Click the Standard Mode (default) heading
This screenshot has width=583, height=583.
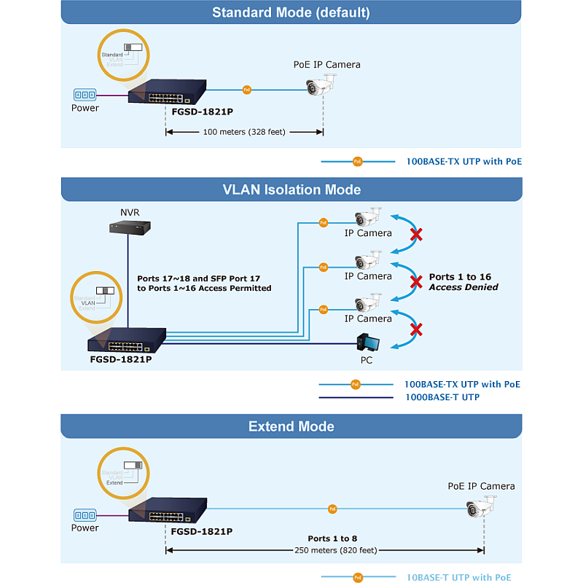(x=291, y=12)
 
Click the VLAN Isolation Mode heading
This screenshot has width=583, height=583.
(x=291, y=189)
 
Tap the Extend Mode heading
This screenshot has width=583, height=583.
(x=291, y=426)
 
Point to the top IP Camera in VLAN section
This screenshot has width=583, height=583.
(x=367, y=217)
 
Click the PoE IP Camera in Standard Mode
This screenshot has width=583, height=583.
(x=321, y=87)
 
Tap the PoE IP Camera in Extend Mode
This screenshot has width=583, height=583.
(x=482, y=508)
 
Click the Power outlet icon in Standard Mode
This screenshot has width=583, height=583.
(x=85, y=95)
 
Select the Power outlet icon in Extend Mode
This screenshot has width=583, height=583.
(x=85, y=514)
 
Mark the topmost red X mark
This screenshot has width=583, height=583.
(x=416, y=235)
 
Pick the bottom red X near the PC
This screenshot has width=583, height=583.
(x=416, y=329)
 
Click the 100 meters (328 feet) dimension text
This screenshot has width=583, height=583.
(x=244, y=132)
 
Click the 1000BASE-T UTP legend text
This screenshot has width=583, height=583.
(x=442, y=397)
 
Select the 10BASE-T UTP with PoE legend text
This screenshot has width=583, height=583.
(x=458, y=577)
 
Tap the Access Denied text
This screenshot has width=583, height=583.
(x=463, y=287)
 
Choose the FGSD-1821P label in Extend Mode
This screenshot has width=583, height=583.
(x=201, y=531)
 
